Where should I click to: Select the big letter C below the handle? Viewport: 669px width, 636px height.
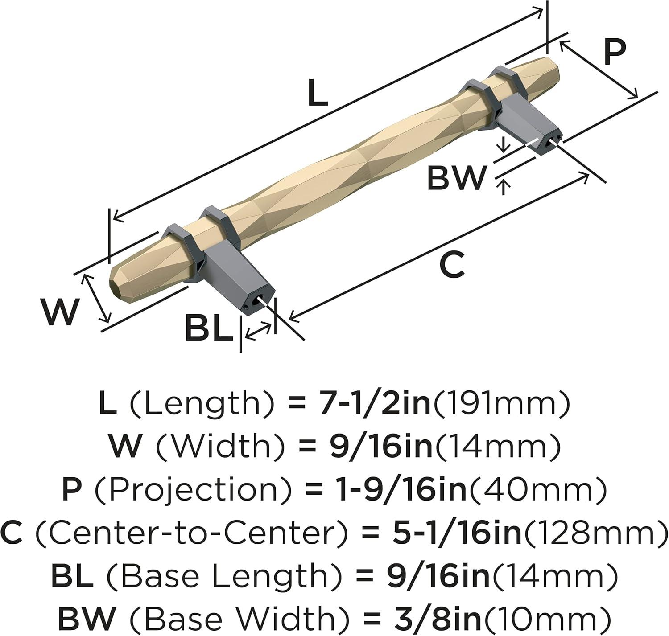(x=452, y=263)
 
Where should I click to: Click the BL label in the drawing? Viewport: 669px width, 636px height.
(x=209, y=328)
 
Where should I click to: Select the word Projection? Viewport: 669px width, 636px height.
(x=193, y=490)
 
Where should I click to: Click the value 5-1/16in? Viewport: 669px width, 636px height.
(x=455, y=533)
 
